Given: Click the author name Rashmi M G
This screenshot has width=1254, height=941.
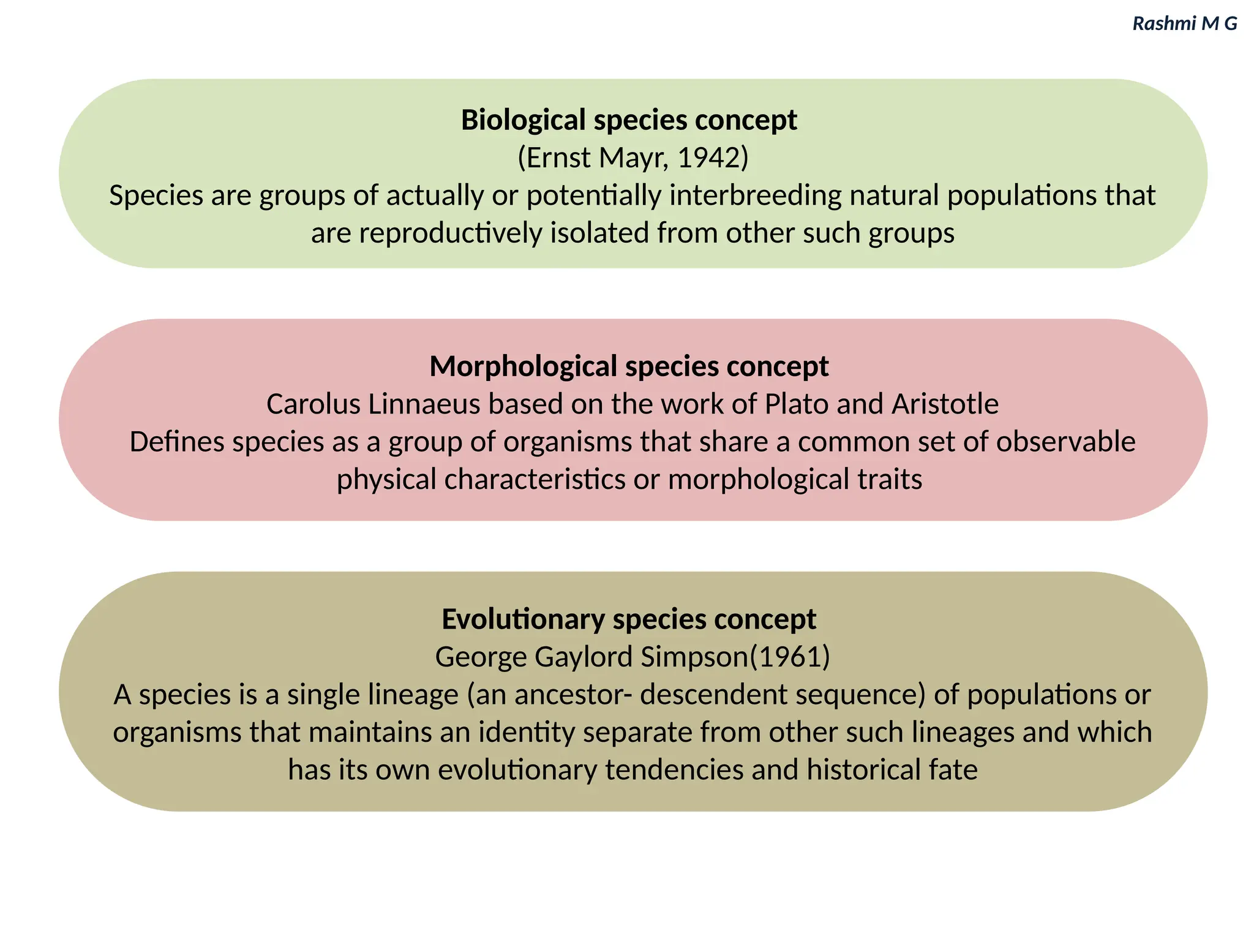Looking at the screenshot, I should click(x=1184, y=23).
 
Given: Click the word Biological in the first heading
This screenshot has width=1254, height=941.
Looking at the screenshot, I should click(x=524, y=120).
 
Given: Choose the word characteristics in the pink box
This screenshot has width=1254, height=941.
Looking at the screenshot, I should click(x=535, y=479).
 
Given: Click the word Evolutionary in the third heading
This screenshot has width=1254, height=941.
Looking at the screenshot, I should click(x=523, y=619).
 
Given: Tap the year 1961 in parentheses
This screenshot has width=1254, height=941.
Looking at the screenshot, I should click(x=789, y=657).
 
